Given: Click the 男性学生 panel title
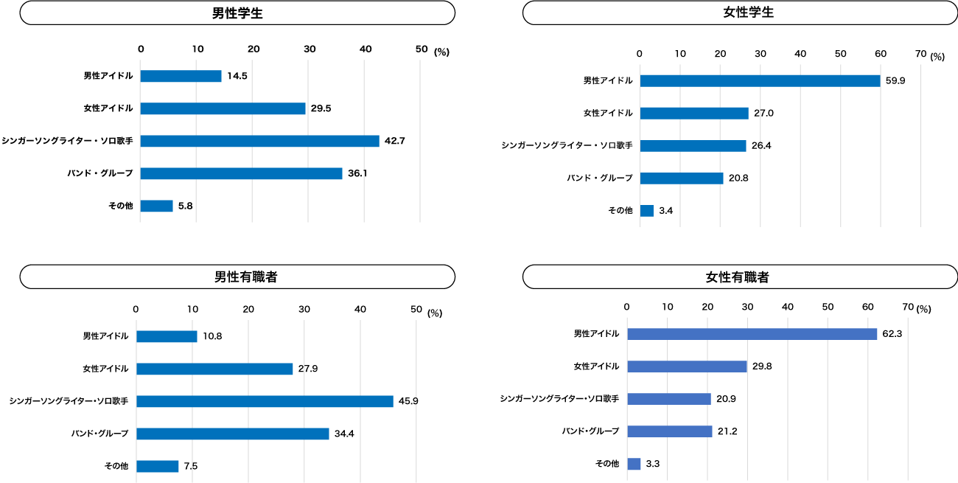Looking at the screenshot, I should coord(237,13).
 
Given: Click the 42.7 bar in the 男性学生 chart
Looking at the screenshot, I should coord(259,141).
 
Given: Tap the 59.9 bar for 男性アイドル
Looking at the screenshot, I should coord(760,80).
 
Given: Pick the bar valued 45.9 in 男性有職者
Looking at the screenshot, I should coord(265,401).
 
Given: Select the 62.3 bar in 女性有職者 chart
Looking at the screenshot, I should coord(752,334).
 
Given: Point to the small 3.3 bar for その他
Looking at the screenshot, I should coord(634,464).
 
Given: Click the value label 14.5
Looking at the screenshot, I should coord(237,76).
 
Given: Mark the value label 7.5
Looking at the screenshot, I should coord(190,466).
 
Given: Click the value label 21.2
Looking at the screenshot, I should coord(729,431).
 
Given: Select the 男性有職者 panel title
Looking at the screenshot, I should coord(237,277).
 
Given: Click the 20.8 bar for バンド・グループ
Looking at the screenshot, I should coord(682,178).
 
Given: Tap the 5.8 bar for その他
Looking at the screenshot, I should coord(156,206).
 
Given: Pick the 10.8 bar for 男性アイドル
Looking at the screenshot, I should coord(167,336).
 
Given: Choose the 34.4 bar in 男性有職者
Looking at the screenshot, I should coord(232,434).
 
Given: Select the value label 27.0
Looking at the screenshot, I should coord(764,114).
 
